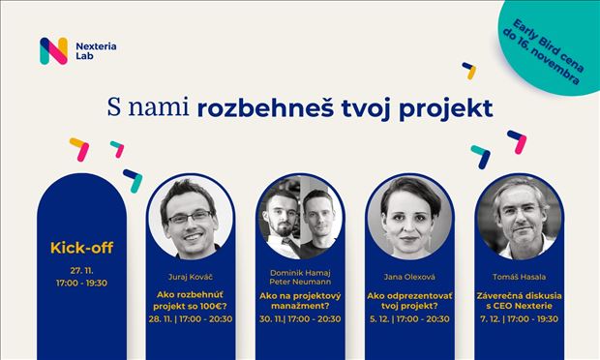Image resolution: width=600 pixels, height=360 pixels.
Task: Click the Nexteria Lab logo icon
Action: point(53,50)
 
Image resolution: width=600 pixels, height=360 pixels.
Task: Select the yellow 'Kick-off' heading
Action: point(81,248)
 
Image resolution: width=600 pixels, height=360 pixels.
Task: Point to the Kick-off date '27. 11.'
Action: point(81,269)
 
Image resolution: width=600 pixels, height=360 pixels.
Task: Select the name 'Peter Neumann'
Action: point(299,281)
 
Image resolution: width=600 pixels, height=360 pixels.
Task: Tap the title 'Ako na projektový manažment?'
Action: point(299,301)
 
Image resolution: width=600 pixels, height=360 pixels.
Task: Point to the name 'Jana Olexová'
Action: point(409,273)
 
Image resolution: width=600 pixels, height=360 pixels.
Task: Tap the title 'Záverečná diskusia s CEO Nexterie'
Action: point(519,301)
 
